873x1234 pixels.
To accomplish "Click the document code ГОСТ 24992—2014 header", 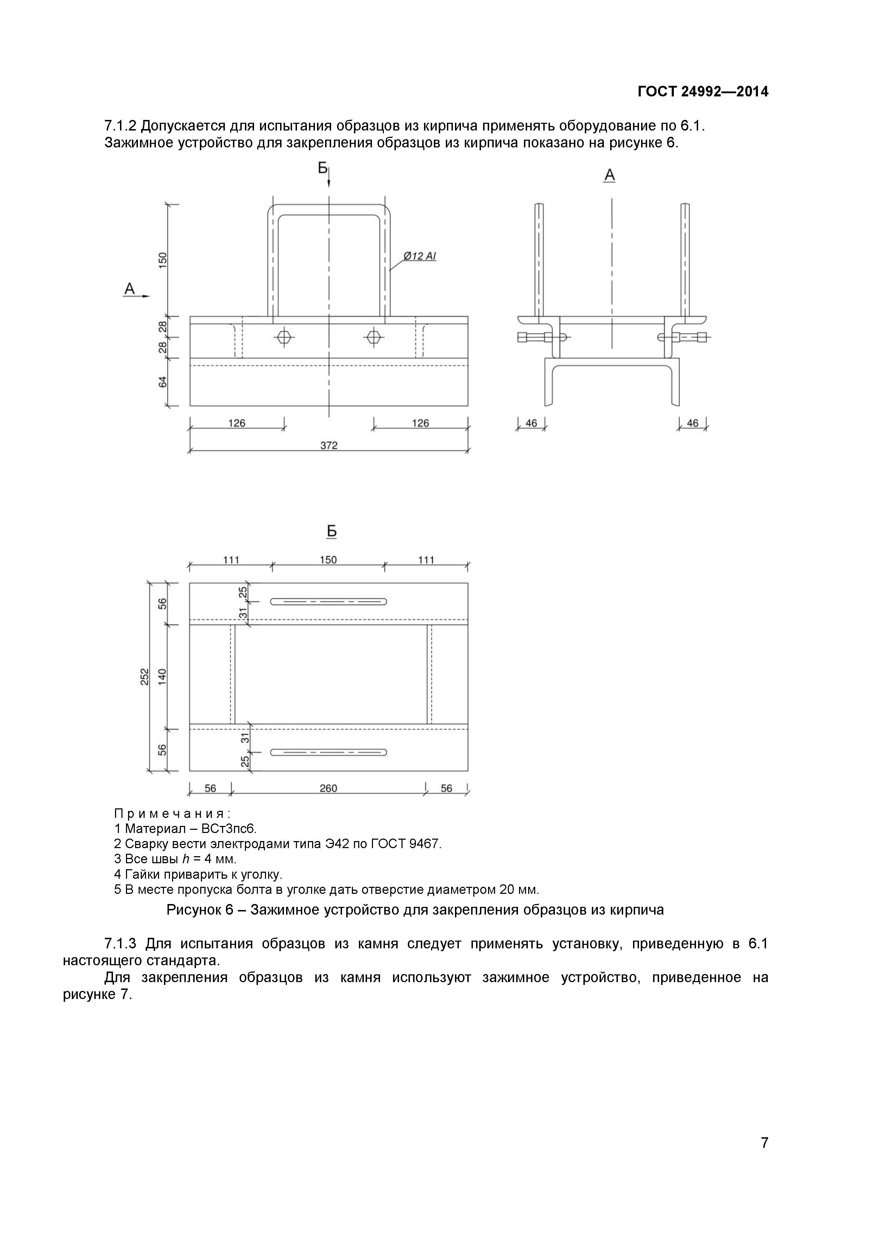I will pyautogui.click(x=703, y=92).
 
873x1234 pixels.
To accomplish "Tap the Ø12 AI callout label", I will pyautogui.click(x=419, y=256).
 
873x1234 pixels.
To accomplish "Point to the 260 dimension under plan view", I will pyautogui.click(x=328, y=788).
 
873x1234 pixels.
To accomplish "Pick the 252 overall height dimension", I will pyautogui.click(x=144, y=676).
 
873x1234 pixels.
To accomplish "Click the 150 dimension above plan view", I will pyautogui.click(x=328, y=560).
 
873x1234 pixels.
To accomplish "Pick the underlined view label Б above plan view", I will pyautogui.click(x=332, y=532).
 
